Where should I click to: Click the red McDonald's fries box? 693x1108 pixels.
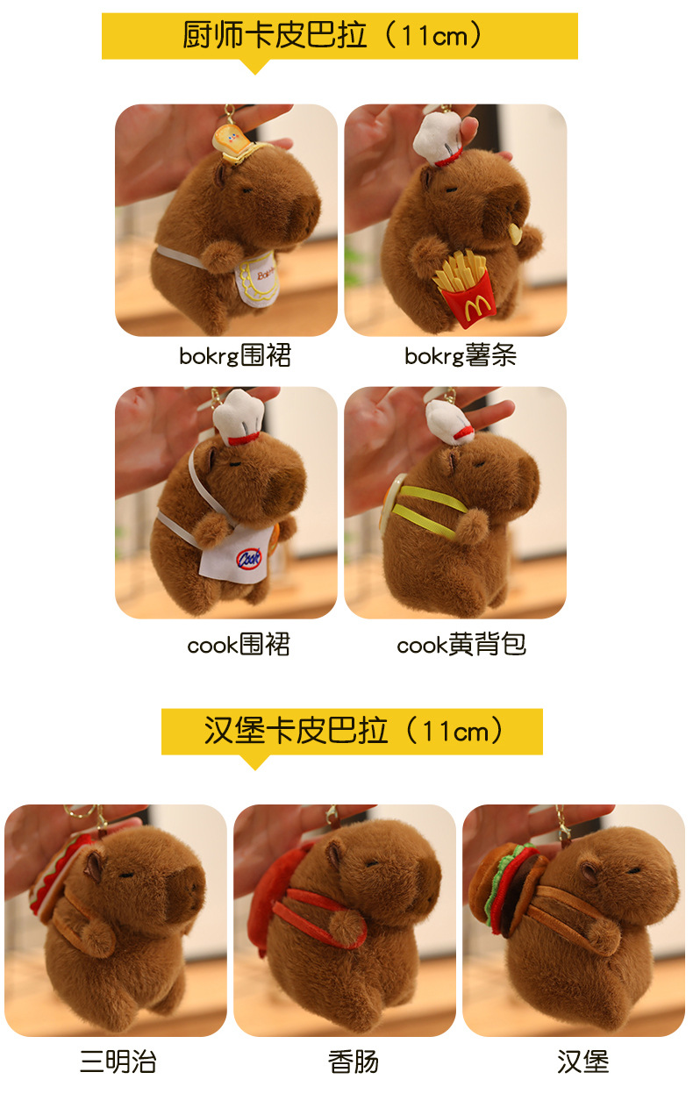point(468,300)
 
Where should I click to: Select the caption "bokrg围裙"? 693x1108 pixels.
point(235,355)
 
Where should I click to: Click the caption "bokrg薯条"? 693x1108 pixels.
point(461,355)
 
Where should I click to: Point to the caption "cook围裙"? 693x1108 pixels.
point(239,645)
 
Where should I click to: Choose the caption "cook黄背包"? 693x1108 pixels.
point(461,645)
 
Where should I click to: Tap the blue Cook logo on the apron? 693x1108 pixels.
point(249,558)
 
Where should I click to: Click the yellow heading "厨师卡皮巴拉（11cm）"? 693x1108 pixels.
point(332,35)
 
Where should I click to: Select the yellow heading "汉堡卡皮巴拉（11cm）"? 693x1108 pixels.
point(354,731)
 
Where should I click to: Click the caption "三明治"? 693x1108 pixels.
point(118,1062)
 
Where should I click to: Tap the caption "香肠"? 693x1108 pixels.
point(354,1062)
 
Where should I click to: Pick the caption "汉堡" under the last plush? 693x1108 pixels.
point(582,1062)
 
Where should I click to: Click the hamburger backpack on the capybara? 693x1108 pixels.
point(504,889)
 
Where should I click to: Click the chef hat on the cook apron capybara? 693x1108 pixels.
point(239,417)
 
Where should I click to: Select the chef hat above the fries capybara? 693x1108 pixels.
point(437,138)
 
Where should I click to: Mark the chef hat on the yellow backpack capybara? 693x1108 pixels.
point(449,421)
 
